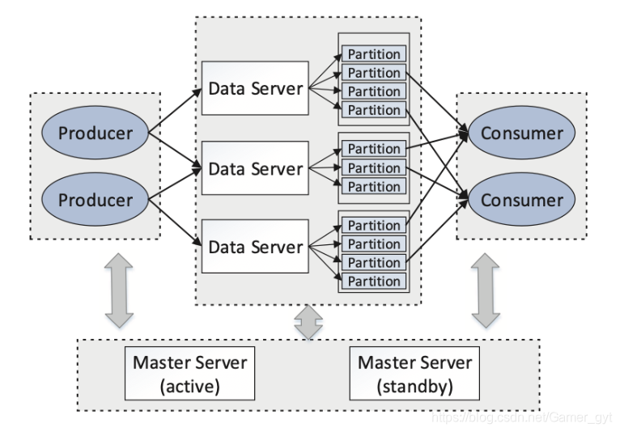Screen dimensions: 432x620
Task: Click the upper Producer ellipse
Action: click(x=95, y=133)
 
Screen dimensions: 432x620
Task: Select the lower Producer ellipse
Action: click(x=95, y=200)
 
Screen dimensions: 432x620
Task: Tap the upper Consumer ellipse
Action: click(x=522, y=133)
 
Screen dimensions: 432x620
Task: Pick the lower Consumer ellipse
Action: click(x=522, y=200)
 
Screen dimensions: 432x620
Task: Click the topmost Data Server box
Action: click(x=255, y=88)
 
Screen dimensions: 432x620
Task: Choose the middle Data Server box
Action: click(x=255, y=168)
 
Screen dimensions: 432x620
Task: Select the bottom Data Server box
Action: click(x=255, y=247)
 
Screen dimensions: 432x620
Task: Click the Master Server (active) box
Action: click(x=189, y=371)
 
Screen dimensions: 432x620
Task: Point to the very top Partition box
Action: click(x=374, y=54)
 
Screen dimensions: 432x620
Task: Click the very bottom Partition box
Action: click(x=374, y=282)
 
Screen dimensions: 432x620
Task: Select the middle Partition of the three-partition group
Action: click(x=374, y=168)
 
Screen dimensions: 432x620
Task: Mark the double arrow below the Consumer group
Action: click(x=486, y=290)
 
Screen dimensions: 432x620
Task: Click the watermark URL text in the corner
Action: click(x=519, y=417)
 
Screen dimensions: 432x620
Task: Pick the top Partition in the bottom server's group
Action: click(x=374, y=226)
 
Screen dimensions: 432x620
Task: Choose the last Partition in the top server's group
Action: click(x=374, y=110)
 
